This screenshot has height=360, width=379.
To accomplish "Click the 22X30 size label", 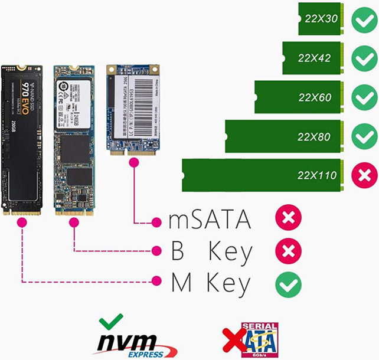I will (321, 19).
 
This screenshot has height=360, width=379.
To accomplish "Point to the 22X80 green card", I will (283, 136).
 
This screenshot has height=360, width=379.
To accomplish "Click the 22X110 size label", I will (317, 175).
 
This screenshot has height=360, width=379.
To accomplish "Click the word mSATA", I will (210, 220).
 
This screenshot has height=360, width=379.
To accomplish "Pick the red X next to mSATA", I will (288, 218).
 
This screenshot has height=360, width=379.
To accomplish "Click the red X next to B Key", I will (288, 251).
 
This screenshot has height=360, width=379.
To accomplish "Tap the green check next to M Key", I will (288, 285).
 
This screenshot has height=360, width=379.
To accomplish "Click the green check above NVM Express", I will (112, 322).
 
